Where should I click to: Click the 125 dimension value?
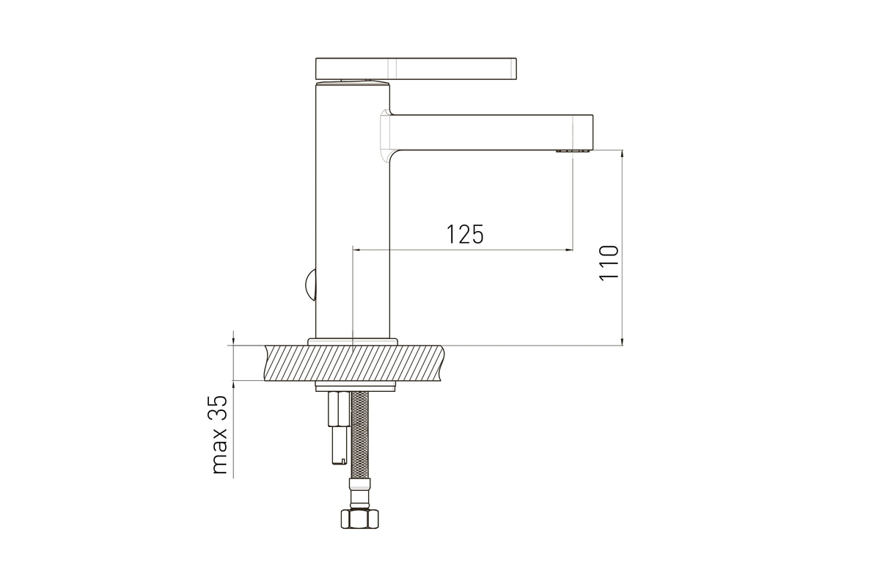click(465, 234)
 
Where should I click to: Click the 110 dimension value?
click(609, 263)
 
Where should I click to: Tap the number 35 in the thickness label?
click(219, 409)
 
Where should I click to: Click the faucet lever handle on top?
click(416, 68)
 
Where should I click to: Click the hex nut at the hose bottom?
click(360, 519)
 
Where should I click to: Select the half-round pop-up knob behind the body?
click(311, 285)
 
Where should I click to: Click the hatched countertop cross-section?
click(353, 363)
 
